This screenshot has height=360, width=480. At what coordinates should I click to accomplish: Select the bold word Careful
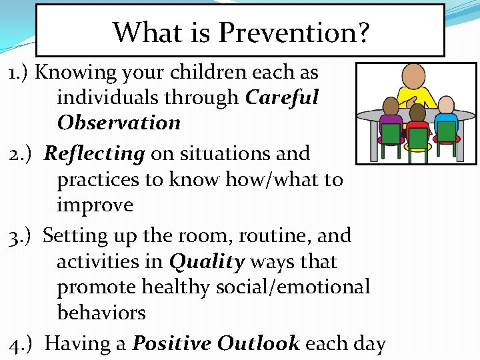coord(282,97)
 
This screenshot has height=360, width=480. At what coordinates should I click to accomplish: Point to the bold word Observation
coord(119,123)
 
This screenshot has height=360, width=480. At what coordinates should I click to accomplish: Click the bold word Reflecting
coord(94,153)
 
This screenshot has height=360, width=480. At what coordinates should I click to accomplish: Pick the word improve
coord(95,205)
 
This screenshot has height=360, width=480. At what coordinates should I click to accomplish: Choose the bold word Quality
coord(207,262)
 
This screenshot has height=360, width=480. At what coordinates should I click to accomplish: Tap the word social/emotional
coord(293,287)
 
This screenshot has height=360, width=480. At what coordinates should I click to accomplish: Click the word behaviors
coord(101,313)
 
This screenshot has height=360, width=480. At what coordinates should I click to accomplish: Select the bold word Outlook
coord(258,343)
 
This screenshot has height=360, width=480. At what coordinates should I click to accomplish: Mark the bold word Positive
coord(172,343)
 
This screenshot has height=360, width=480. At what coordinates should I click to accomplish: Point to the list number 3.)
coord(22,235)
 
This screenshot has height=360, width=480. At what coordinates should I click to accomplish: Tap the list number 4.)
coord(22,343)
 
